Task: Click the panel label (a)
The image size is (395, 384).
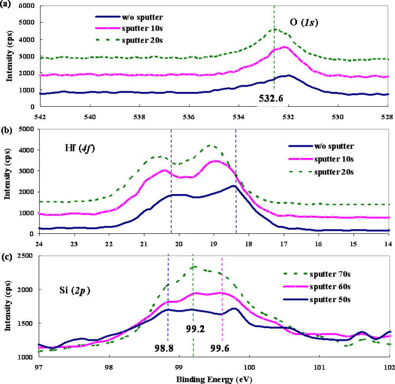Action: (7, 5)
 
